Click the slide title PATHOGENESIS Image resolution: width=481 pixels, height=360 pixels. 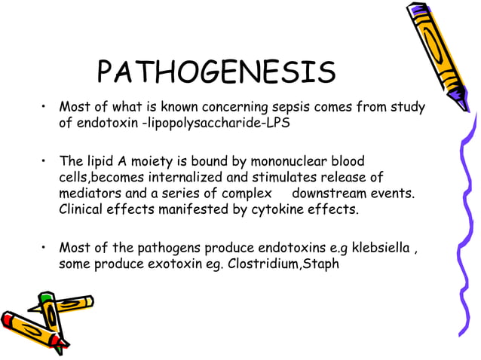coord(216,72)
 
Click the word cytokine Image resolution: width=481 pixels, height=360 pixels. coord(280,209)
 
